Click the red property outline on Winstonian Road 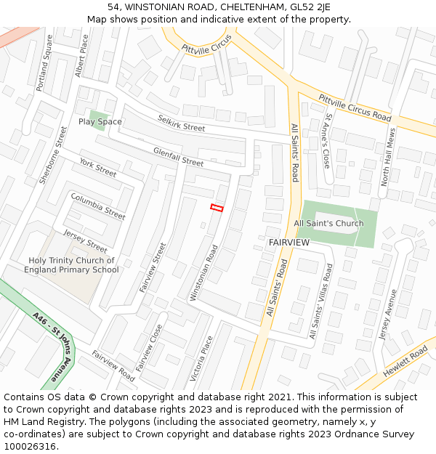pos(216,208)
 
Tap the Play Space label pos(100,121)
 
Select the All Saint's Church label pos(328,223)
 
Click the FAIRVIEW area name pos(289,241)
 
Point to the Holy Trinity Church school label pos(71,265)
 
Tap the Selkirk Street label pos(182,123)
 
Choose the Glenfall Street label pos(178,156)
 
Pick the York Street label pos(98,168)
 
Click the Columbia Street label pos(98,206)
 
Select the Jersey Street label pos(85,240)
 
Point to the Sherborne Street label pos(52,155)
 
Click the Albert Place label pos(81,55)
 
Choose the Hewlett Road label pos(407,361)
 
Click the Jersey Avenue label pos(388,315)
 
